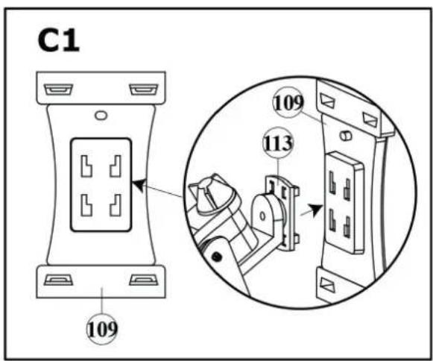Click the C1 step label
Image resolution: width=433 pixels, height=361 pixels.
click(58, 40)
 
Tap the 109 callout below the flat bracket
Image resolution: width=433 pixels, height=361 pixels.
click(102, 329)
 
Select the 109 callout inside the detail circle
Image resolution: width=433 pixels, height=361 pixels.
click(288, 102)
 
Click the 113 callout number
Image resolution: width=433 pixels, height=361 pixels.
click(278, 142)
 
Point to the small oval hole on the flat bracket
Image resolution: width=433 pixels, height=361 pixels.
click(101, 115)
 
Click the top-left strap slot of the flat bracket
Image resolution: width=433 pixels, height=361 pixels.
click(59, 90)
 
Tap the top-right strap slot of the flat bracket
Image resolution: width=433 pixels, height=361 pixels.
click(144, 90)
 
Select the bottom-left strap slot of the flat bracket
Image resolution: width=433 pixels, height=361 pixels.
click(59, 280)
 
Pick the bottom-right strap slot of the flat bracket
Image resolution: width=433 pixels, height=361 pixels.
click(144, 280)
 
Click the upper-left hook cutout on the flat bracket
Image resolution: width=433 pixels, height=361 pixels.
click(86, 166)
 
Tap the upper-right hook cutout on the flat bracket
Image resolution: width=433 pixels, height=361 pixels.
click(116, 166)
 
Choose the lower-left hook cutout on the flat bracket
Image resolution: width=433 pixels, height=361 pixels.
click(86, 205)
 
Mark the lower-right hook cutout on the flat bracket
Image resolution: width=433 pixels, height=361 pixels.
click(116, 205)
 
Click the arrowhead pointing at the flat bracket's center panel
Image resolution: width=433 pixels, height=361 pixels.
click(139, 185)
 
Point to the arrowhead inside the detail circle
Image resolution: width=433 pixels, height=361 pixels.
click(316, 210)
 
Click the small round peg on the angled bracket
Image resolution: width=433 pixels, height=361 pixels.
click(345, 136)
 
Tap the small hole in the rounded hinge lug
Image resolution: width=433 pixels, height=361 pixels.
click(262, 216)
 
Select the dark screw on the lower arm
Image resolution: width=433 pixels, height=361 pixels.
click(216, 257)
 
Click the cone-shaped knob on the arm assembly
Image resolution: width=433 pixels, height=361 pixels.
click(211, 193)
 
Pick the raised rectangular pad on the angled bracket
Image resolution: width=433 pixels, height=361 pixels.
click(344, 202)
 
